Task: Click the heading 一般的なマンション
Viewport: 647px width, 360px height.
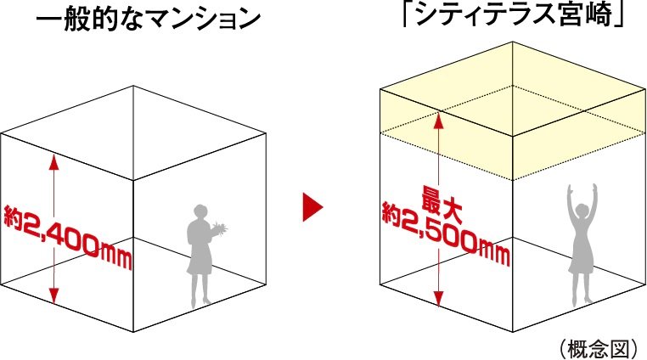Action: pos(148,20)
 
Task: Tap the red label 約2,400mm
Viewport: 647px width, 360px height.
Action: pos(68,233)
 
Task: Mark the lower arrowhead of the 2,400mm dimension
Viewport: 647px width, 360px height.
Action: pos(53,297)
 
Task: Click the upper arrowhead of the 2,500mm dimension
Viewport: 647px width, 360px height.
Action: pos(438,118)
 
